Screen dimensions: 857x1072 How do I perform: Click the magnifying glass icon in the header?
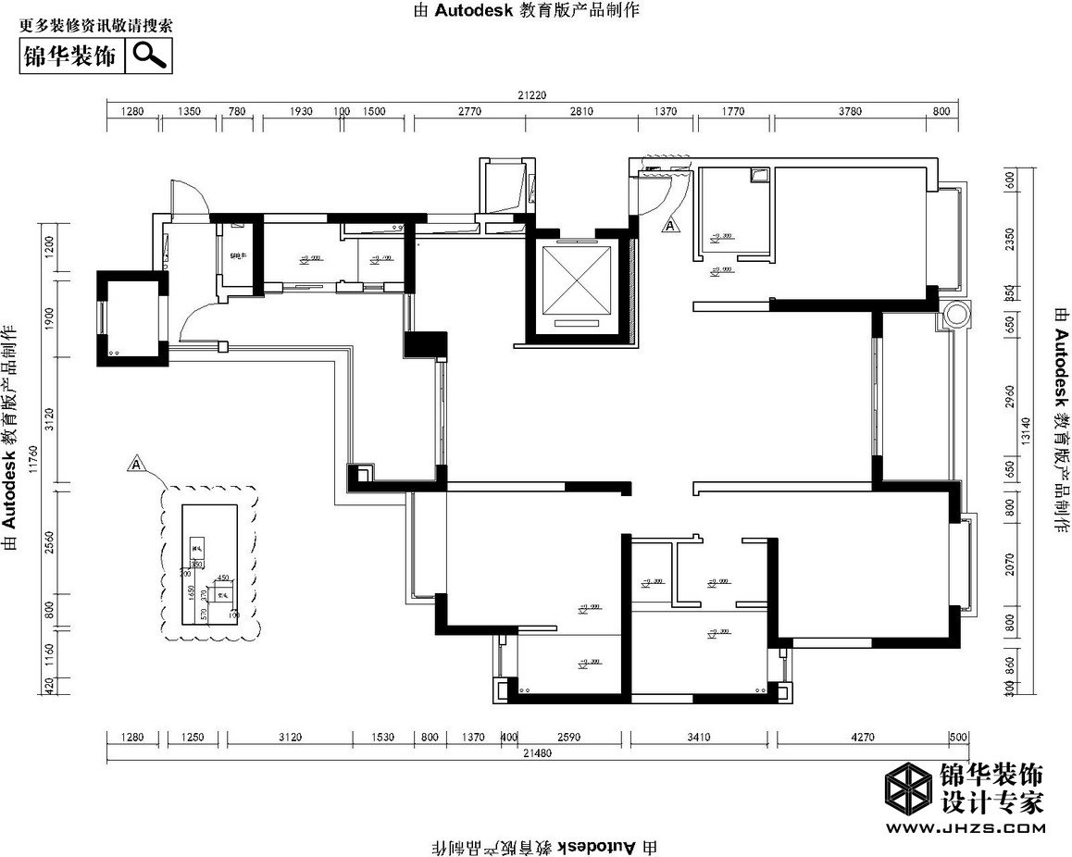(x=149, y=56)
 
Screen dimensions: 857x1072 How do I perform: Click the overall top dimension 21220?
(x=532, y=94)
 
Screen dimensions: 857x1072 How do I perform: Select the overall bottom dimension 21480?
(x=536, y=755)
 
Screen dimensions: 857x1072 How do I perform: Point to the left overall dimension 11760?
(x=34, y=460)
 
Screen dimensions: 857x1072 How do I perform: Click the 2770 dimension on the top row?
(x=469, y=111)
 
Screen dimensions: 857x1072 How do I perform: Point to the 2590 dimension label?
(x=569, y=738)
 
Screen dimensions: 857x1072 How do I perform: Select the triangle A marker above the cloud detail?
(x=137, y=463)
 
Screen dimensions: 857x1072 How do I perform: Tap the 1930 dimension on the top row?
(x=302, y=111)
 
